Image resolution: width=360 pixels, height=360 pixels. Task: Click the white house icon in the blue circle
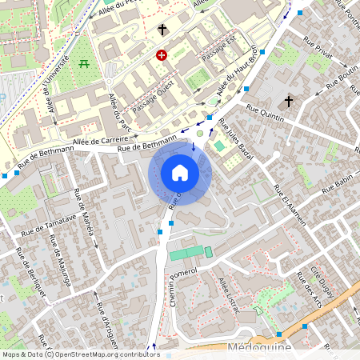pos(180,172)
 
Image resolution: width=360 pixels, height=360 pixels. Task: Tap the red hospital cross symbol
pos(162,55)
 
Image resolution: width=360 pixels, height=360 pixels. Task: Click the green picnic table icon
pos(84,64)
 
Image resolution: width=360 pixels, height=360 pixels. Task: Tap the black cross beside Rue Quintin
pos(290,102)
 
